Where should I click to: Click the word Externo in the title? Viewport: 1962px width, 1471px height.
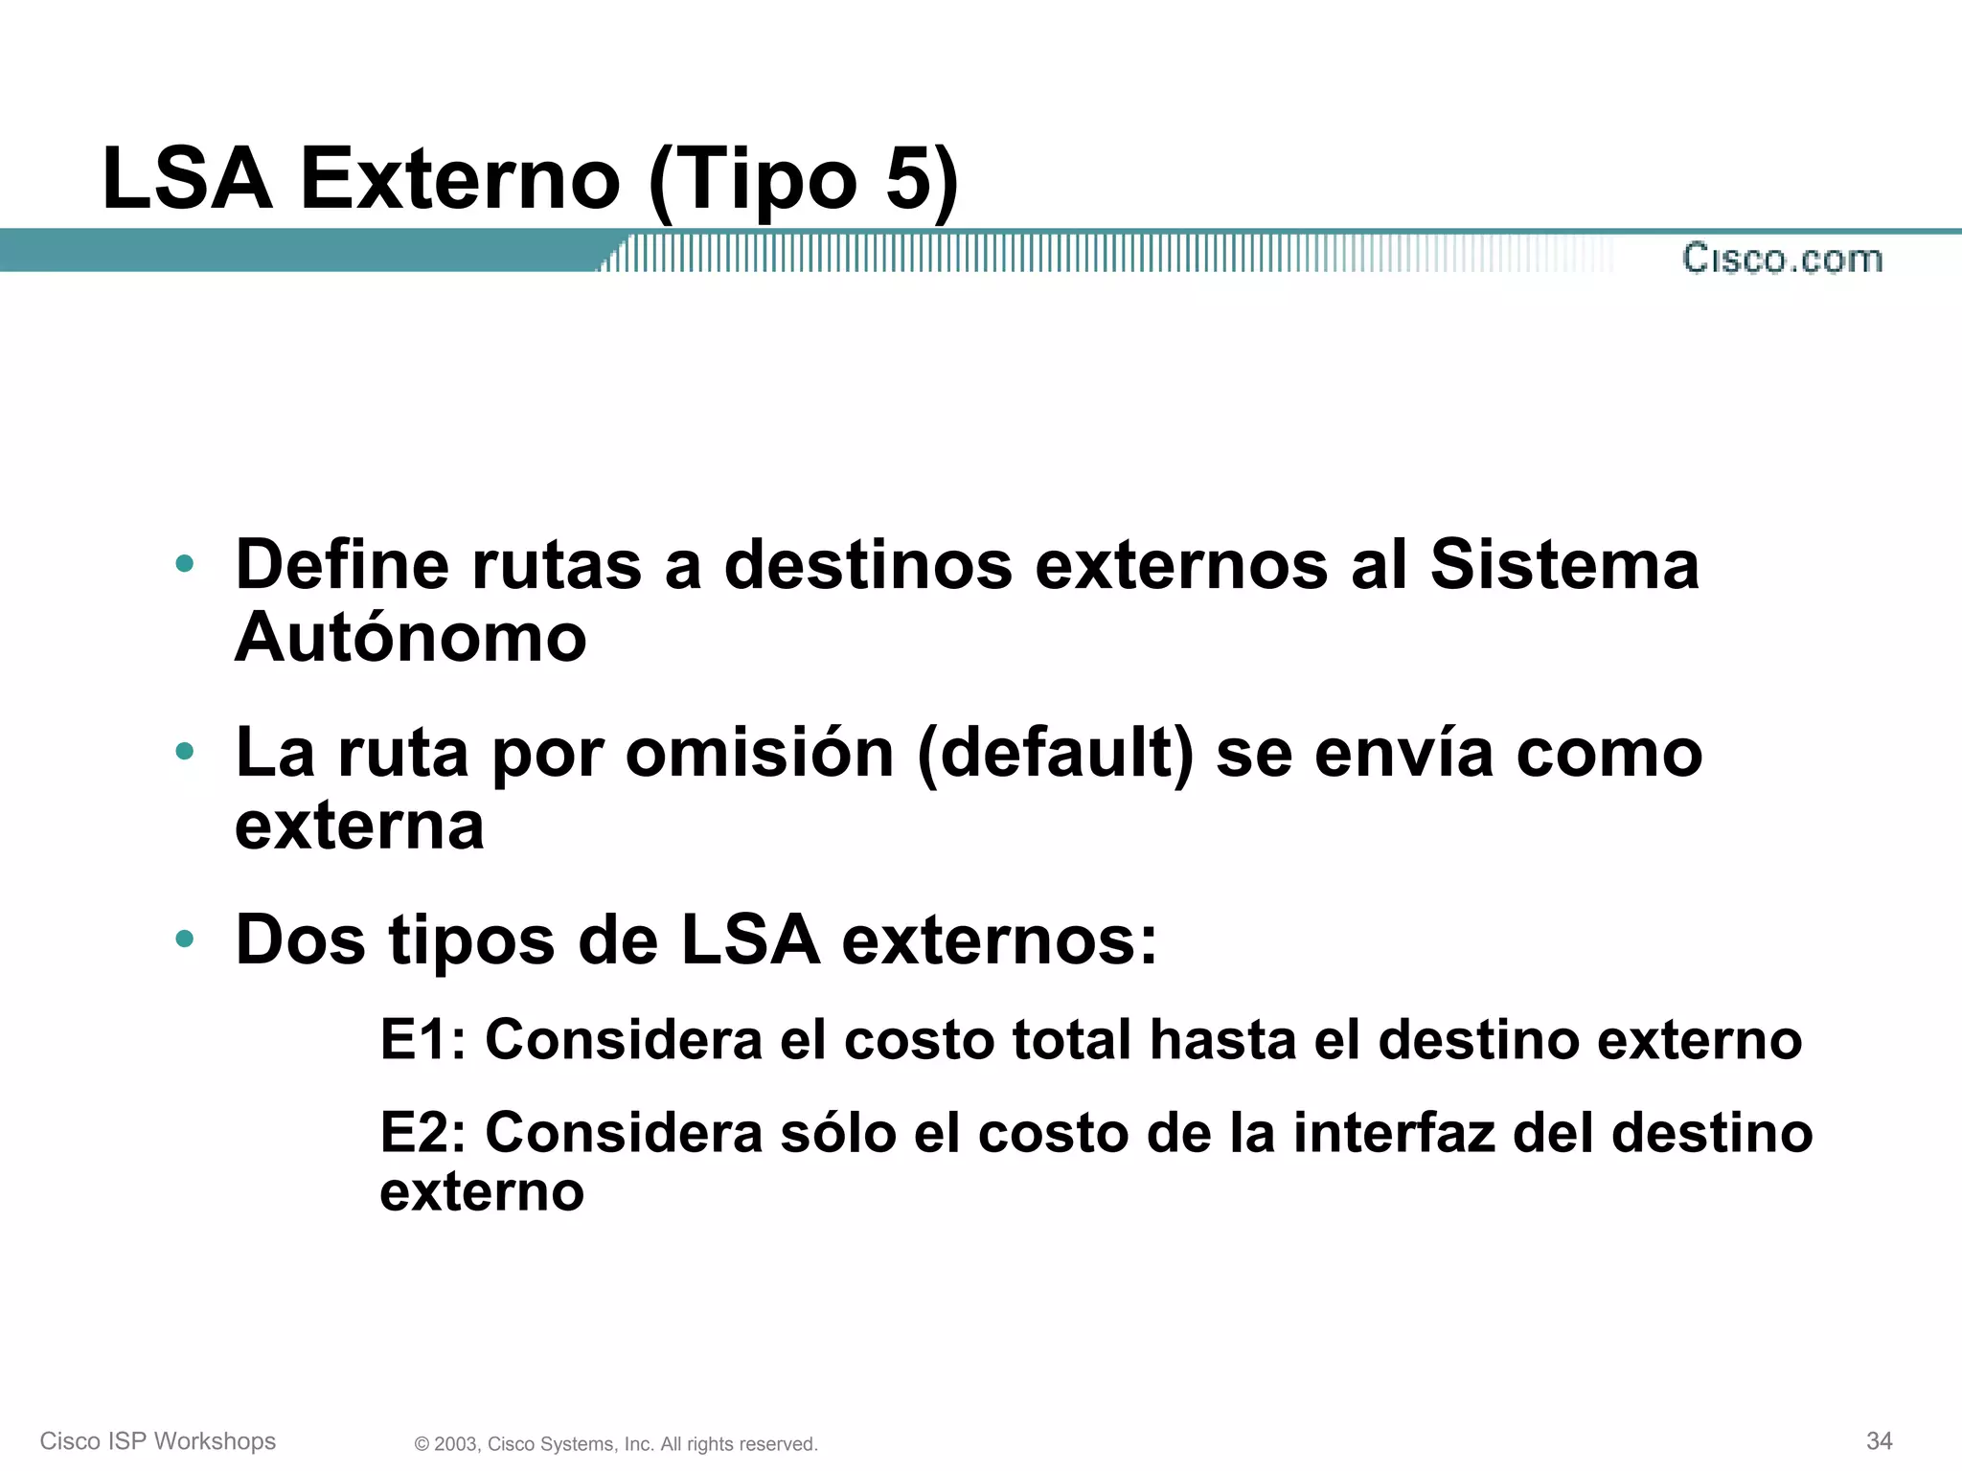pyautogui.click(x=460, y=179)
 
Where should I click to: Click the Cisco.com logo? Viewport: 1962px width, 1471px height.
pyautogui.click(x=1782, y=259)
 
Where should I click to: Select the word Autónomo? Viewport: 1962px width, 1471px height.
pyautogui.click(x=410, y=638)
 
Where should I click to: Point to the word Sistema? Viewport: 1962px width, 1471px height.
pyautogui.click(x=1563, y=565)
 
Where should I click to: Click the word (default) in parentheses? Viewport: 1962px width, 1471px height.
pyautogui.click(x=1055, y=754)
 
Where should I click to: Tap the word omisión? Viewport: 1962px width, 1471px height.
pyautogui.click(x=760, y=754)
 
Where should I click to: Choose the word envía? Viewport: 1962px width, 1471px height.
pyautogui.click(x=1403, y=754)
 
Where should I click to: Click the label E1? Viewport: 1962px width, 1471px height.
pyautogui.click(x=422, y=1040)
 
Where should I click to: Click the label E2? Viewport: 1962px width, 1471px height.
pyautogui.click(x=422, y=1133)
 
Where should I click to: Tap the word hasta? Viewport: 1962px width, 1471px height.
pyautogui.click(x=1221, y=1040)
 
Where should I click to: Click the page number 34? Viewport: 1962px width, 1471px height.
pyautogui.click(x=1879, y=1440)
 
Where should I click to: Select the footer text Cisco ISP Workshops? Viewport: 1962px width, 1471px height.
pyautogui.click(x=158, y=1441)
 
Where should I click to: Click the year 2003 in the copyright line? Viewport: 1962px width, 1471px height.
pyautogui.click(x=456, y=1444)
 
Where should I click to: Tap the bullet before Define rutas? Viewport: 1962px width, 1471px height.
pyautogui.click(x=185, y=564)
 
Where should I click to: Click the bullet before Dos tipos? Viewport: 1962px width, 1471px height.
pyautogui.click(x=185, y=939)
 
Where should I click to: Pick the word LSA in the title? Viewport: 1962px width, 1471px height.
pyautogui.click(x=187, y=179)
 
